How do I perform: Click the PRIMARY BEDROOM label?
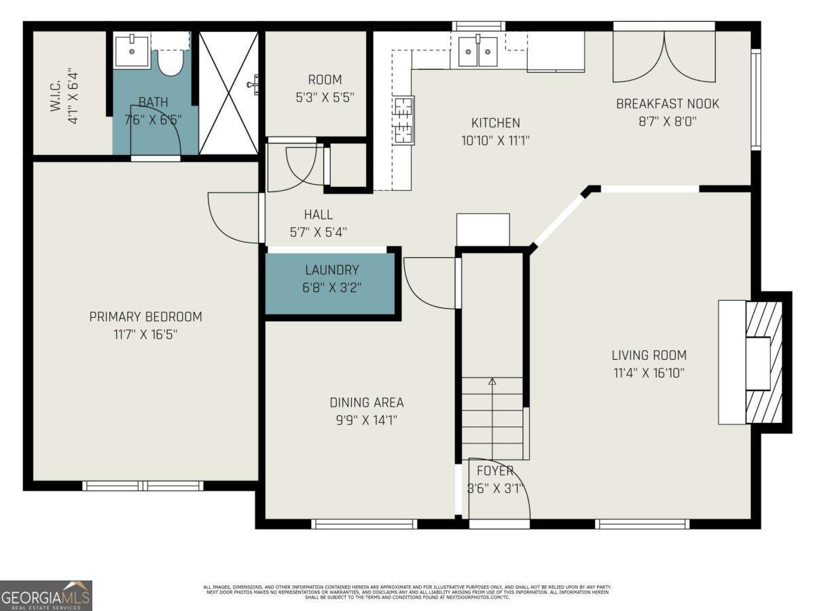145,316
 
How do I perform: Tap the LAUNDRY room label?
331,270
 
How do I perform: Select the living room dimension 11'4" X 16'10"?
649,372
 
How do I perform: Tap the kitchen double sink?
477,52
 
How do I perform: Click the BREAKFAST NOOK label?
667,104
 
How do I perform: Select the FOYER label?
494,471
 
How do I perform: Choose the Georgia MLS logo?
46,595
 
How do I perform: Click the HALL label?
318,215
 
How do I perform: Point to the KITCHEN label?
495,123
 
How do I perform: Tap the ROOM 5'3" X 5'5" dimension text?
324,97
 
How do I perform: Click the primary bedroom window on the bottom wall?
143,485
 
